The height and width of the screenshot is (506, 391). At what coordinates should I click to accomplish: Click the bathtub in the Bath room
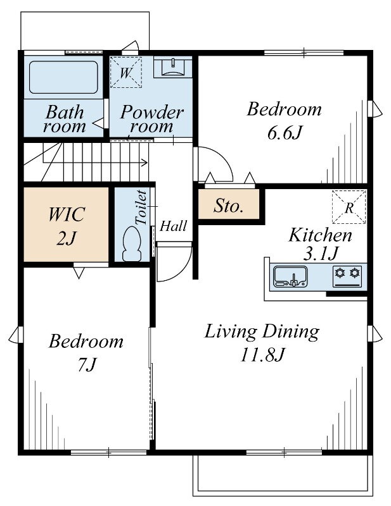pos(63,77)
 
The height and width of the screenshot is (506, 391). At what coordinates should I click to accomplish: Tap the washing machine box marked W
pos(126,72)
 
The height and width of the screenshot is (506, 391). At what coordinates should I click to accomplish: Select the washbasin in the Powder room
pos(172,68)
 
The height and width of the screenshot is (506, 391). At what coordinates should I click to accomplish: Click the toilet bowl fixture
pos(132,244)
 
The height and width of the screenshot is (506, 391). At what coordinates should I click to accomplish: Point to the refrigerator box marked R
pos(349,207)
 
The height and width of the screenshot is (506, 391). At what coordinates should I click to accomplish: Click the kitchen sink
pos(290,276)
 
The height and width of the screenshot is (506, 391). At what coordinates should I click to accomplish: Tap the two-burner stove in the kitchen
pos(347,276)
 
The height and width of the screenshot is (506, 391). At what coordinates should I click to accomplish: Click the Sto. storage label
pos(228,206)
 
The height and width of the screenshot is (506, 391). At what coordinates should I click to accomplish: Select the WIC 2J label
pos(67,226)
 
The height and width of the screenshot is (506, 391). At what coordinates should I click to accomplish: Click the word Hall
pos(174,226)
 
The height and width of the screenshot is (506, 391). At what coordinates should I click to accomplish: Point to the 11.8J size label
pos(262,355)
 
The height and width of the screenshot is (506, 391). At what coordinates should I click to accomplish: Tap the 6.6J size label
pos(285,133)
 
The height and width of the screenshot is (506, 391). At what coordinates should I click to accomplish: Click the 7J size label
pos(87,365)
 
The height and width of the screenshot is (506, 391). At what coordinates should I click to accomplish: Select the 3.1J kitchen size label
pos(320,254)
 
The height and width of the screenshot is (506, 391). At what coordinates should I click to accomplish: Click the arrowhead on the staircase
pos(146,163)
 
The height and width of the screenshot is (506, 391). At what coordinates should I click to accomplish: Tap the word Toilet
pos(141,208)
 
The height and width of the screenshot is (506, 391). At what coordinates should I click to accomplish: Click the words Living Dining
pos(262,332)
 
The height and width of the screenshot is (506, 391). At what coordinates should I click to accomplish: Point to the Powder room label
pos(151,118)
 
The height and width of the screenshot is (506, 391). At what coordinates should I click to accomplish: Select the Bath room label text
pos(65,119)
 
